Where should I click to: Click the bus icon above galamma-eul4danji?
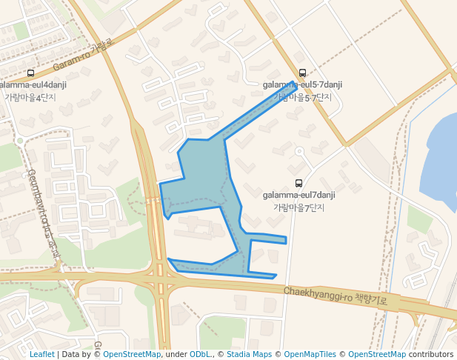(30, 73)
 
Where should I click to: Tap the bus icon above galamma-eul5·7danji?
(302, 73)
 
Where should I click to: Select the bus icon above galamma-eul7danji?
(299, 183)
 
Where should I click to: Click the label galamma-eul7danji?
(299, 195)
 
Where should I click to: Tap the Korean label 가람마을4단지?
(30, 96)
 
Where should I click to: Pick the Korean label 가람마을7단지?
(299, 207)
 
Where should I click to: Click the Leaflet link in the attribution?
(42, 355)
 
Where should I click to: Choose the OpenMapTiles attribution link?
(310, 355)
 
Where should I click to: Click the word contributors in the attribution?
(431, 355)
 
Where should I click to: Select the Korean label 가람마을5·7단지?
(303, 97)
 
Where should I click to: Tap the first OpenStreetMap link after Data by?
(131, 355)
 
